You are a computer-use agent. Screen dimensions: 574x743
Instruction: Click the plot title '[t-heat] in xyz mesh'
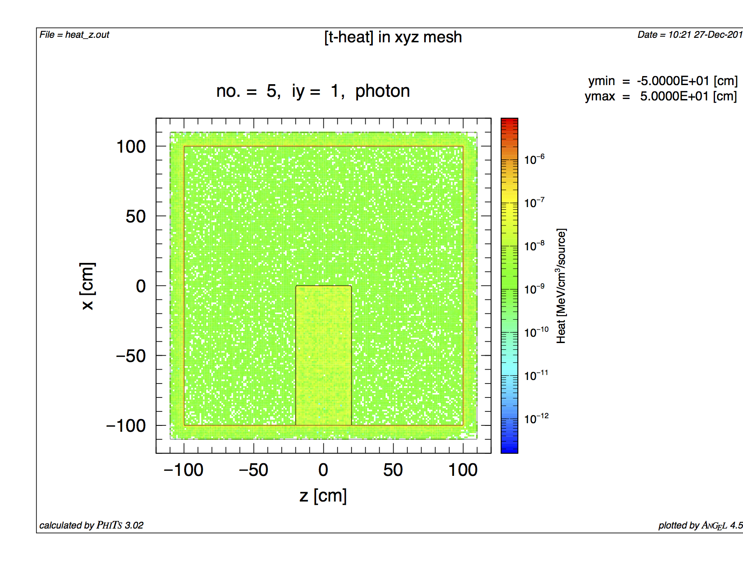click(x=393, y=37)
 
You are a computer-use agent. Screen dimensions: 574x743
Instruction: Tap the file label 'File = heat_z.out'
click(x=74, y=35)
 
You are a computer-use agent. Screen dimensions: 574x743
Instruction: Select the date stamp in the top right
click(x=689, y=35)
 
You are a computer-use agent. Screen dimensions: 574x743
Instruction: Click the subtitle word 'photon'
click(x=382, y=91)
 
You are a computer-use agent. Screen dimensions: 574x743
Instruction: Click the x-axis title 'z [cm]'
click(x=323, y=496)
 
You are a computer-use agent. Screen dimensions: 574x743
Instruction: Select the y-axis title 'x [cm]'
click(x=87, y=286)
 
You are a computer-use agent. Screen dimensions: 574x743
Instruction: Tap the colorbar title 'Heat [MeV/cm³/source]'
click(x=561, y=286)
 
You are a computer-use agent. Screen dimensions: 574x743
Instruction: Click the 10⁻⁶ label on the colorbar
click(x=534, y=159)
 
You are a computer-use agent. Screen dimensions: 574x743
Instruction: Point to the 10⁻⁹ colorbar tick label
click(x=534, y=289)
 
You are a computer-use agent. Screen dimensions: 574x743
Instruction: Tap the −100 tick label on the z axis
click(x=183, y=470)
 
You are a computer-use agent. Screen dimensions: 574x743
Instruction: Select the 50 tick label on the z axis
click(x=393, y=470)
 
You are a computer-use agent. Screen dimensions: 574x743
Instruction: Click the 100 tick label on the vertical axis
click(x=131, y=147)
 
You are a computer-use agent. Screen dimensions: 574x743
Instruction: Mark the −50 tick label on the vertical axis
click(x=131, y=356)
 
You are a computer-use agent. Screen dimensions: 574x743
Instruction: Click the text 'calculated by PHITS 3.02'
click(x=91, y=525)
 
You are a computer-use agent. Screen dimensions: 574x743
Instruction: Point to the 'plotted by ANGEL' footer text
click(x=700, y=525)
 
